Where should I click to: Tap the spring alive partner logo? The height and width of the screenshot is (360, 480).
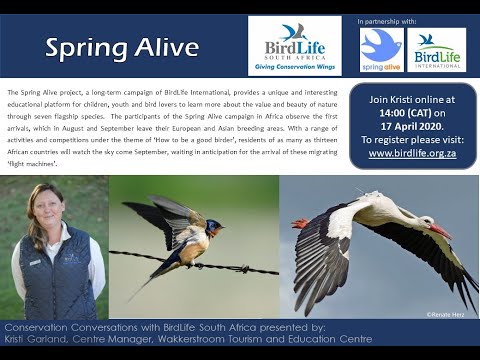click(x=381, y=49)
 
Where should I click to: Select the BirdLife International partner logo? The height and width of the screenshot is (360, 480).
click(x=436, y=49)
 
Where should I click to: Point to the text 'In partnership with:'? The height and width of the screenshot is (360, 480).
click(x=387, y=20)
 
